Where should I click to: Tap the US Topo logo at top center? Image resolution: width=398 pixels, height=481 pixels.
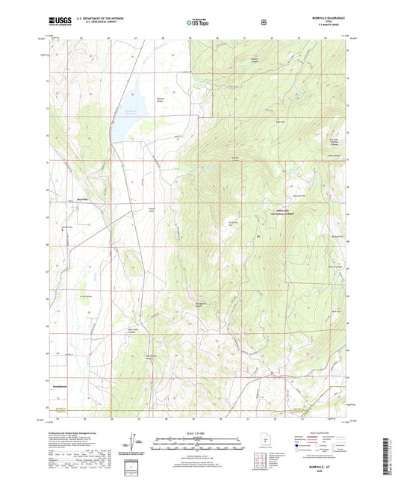[x=196, y=23]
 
